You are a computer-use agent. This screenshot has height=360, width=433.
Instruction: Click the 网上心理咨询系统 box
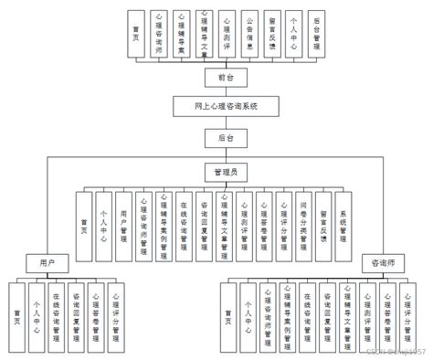pos(227,106)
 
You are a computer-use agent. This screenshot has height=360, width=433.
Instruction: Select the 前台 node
pos(227,78)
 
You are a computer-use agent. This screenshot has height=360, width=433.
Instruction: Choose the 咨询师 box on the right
pos(385,262)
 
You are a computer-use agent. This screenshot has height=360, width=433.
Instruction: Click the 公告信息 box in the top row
pos(249,34)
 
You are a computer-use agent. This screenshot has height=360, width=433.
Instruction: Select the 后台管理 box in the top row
pos(317,34)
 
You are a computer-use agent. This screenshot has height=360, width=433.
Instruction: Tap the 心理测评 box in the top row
pos(227,34)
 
